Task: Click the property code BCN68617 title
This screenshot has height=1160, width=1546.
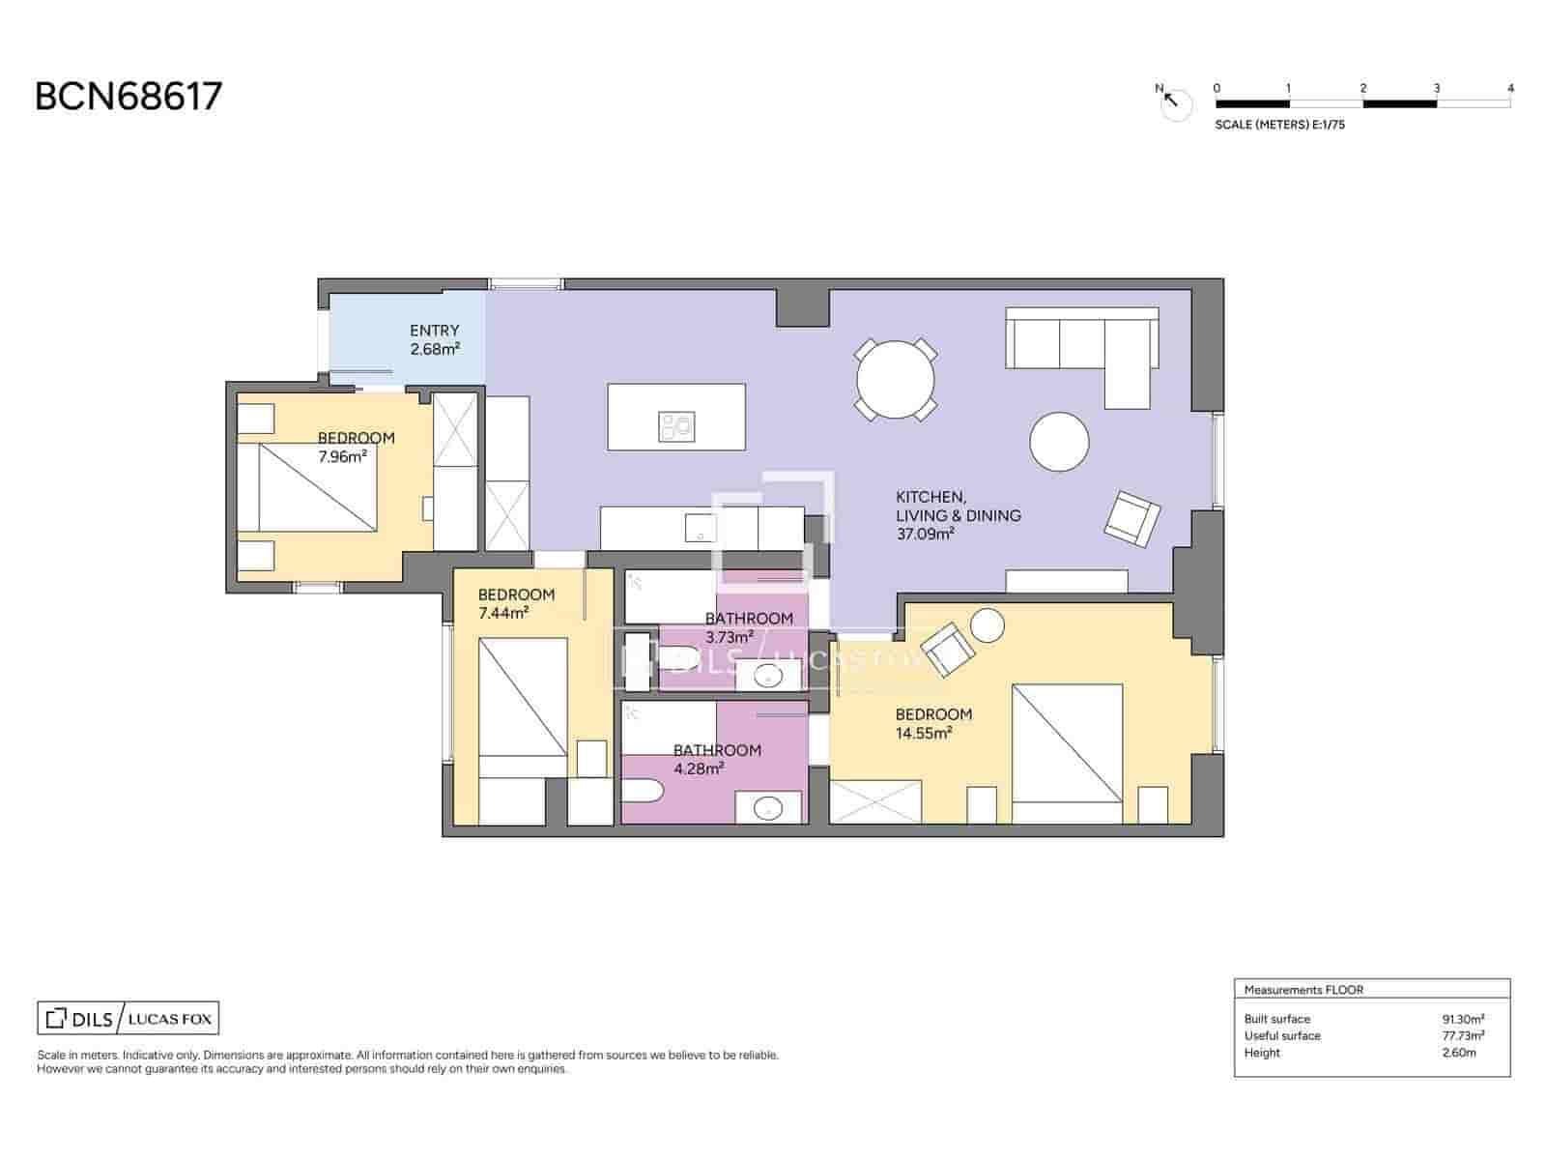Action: click(x=129, y=97)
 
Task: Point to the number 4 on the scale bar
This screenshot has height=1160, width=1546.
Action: click(x=1510, y=88)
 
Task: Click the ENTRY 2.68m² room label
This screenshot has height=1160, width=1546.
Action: click(x=434, y=339)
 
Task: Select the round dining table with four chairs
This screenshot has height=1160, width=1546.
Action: click(x=896, y=380)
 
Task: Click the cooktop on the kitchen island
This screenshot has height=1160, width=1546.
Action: click(x=676, y=425)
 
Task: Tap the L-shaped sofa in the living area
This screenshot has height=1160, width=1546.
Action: click(x=1082, y=340)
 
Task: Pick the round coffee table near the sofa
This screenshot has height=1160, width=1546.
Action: click(x=1059, y=442)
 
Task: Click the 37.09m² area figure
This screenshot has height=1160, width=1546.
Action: click(x=925, y=534)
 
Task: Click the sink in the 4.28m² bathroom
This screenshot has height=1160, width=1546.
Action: click(x=769, y=807)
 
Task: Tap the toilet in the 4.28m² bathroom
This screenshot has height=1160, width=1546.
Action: click(x=642, y=793)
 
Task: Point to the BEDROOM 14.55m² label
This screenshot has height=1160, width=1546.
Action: click(x=932, y=723)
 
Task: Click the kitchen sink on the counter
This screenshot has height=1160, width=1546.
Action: click(x=698, y=529)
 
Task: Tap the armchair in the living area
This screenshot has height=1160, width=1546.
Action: click(x=1131, y=519)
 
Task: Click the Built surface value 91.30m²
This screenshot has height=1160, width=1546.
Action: click(x=1462, y=1019)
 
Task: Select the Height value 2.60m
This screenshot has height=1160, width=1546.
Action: click(x=1458, y=1053)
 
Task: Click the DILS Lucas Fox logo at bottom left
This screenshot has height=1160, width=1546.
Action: click(x=129, y=1019)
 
